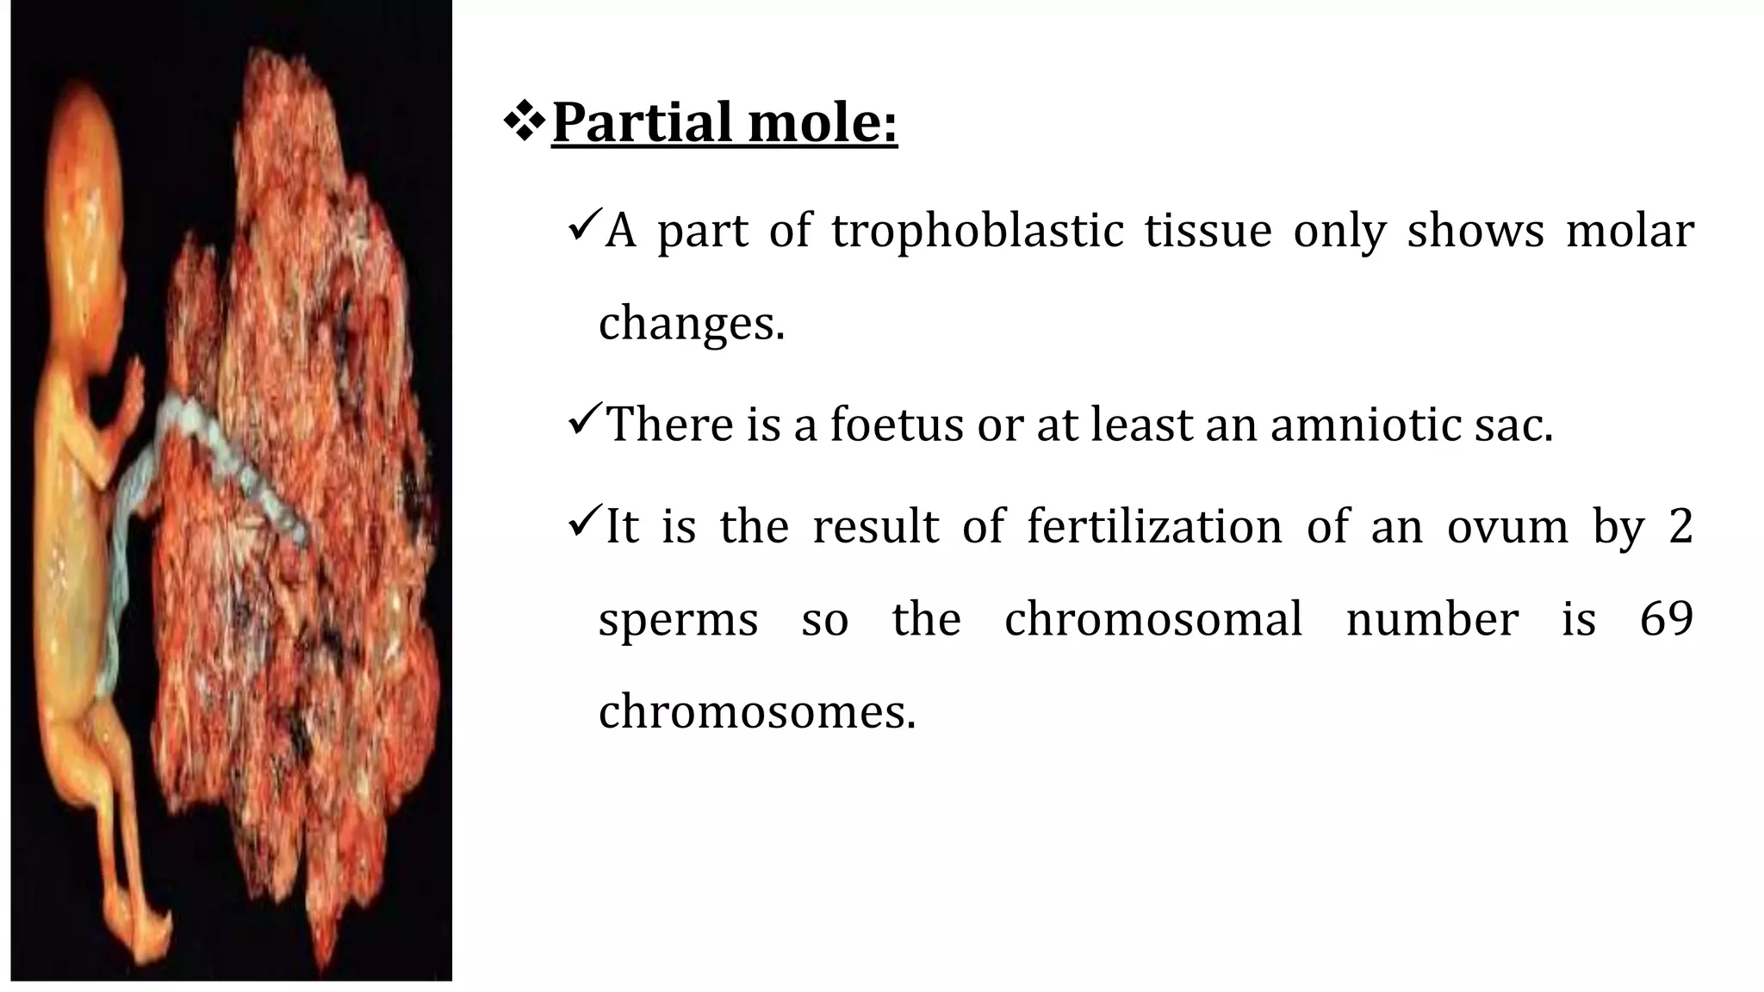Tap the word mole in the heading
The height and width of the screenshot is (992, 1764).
813,123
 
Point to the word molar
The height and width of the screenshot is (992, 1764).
1630,231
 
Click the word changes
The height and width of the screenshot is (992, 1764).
691,325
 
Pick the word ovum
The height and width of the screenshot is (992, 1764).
1507,526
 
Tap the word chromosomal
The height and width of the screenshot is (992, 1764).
1153,619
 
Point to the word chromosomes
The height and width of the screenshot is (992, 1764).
756,713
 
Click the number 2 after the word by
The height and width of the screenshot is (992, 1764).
1680,526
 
